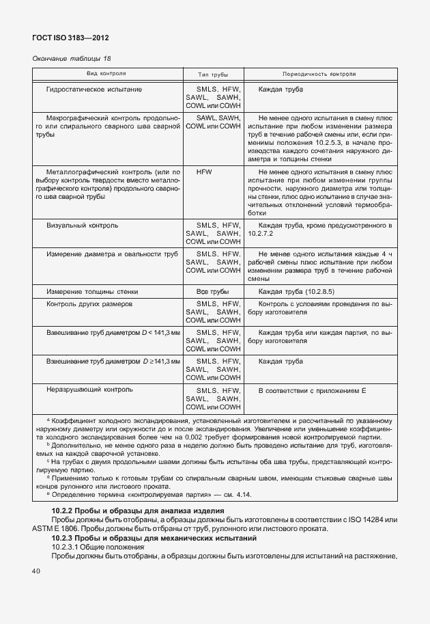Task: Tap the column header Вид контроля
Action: [106, 73]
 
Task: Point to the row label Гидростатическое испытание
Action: [94, 90]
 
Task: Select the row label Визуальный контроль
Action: [83, 225]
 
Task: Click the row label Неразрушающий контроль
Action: [89, 390]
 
